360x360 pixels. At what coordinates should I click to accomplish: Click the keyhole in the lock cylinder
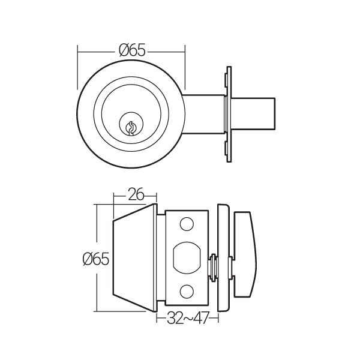pyautogui.click(x=130, y=128)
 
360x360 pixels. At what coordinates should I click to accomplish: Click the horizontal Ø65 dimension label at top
pyautogui.click(x=132, y=50)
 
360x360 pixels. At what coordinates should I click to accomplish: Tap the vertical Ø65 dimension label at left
pyautogui.click(x=96, y=259)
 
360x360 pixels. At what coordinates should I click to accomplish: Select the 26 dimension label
pyautogui.click(x=136, y=194)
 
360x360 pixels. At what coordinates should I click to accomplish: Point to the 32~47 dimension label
pyautogui.click(x=188, y=318)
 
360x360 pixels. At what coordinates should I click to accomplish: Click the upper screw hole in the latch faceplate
pyautogui.click(x=187, y=224)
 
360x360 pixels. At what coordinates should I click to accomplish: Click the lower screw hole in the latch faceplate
pyautogui.click(x=187, y=292)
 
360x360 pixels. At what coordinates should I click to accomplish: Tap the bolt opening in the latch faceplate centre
pyautogui.click(x=187, y=257)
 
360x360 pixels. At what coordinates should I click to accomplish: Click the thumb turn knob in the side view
pyautogui.click(x=245, y=254)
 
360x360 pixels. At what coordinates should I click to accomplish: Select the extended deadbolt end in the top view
pyautogui.click(x=253, y=113)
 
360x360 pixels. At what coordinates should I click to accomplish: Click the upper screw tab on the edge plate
pyautogui.click(x=226, y=80)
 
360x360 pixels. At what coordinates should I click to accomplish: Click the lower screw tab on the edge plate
pyautogui.click(x=226, y=148)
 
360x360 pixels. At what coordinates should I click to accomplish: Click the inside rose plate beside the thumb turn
pyautogui.click(x=223, y=257)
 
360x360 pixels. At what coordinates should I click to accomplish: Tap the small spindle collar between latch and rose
pyautogui.click(x=213, y=267)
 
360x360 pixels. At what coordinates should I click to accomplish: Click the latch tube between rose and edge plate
pyautogui.click(x=203, y=114)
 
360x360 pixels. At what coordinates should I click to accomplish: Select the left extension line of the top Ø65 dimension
pyautogui.click(x=78, y=67)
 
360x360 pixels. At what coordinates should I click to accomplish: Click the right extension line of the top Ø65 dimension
pyautogui.click(x=185, y=67)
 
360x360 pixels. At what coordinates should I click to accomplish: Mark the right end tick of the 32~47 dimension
pyautogui.click(x=218, y=318)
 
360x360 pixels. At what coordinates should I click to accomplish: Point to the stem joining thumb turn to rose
pyautogui.click(x=232, y=268)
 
